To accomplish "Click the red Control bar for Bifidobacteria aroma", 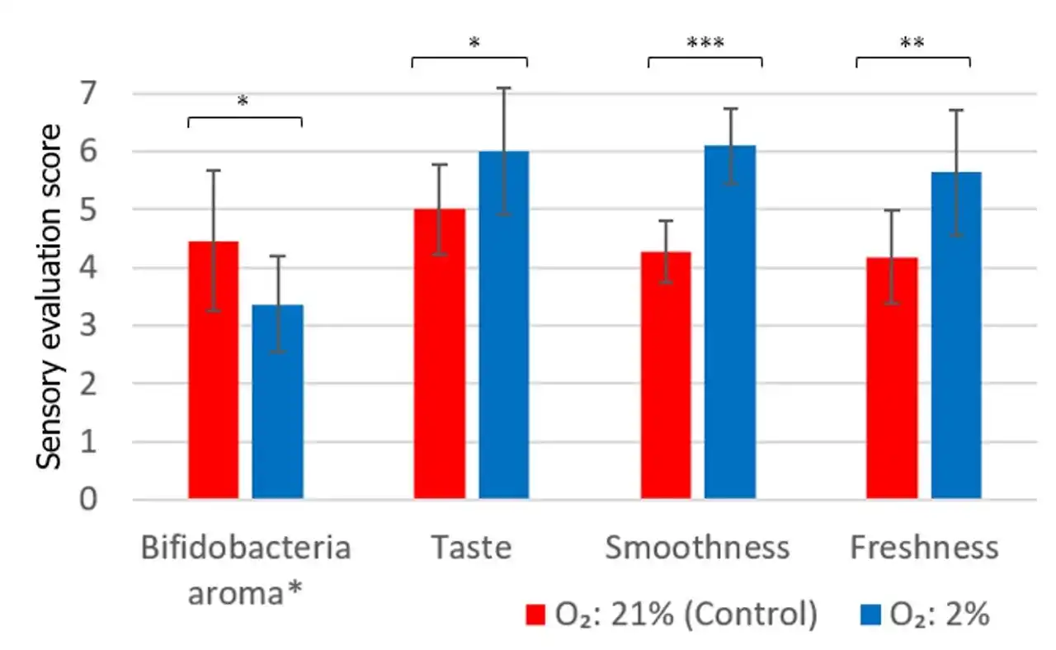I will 214,371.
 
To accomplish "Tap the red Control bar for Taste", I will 440,355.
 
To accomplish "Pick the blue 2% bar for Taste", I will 503,326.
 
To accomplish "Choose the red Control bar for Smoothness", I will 667,376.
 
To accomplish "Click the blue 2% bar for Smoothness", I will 729,323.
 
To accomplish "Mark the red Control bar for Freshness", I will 892,379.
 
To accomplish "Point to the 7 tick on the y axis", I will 110,93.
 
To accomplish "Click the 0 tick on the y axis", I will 110,500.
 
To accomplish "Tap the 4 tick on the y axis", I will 110,268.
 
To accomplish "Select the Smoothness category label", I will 697,548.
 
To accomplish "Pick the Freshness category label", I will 924,548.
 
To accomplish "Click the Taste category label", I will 471,548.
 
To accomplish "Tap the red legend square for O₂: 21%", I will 537,615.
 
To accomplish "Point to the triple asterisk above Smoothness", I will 705,44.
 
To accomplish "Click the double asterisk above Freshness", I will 913,44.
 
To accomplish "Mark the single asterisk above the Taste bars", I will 474,44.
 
